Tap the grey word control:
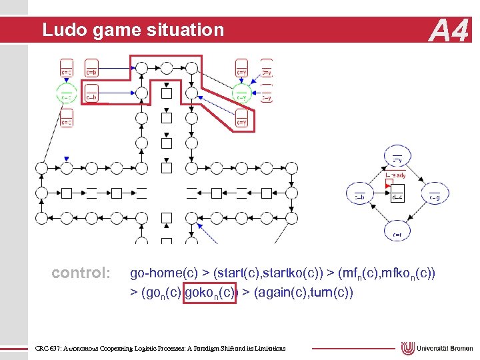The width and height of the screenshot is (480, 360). pyautogui.click(x=81, y=273)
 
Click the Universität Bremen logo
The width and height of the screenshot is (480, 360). pyautogui.click(x=436, y=348)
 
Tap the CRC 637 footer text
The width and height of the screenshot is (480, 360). pyautogui.click(x=160, y=348)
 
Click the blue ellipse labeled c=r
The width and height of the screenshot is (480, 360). pyautogui.click(x=397, y=231)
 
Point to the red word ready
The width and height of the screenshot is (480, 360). pyautogui.click(x=398, y=175)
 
